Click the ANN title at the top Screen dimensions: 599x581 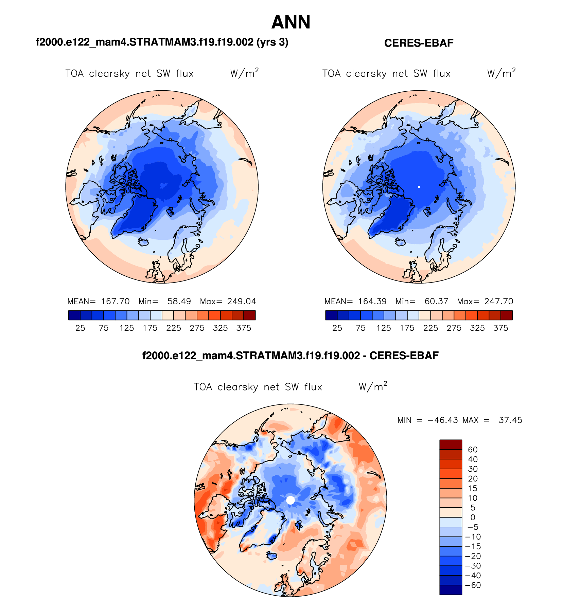click(x=291, y=22)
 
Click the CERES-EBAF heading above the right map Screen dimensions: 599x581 click(x=419, y=43)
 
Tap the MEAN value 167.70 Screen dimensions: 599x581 click(x=115, y=301)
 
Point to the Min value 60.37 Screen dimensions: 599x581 click(x=436, y=301)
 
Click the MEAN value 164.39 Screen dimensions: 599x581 click(x=372, y=301)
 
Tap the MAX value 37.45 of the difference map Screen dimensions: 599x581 click(x=510, y=420)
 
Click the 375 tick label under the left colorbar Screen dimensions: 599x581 click(x=244, y=328)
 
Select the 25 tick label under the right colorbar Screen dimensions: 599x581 click(x=337, y=328)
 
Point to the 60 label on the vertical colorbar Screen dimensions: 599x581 click(x=473, y=450)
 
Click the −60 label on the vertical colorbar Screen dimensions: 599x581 click(x=473, y=585)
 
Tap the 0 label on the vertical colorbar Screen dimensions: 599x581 click(x=473, y=518)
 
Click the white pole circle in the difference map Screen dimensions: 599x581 click(x=290, y=500)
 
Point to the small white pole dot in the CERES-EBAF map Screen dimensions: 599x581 click(x=419, y=187)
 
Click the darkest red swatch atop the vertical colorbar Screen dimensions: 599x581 click(x=451, y=444)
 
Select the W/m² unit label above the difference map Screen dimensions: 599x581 click(x=373, y=387)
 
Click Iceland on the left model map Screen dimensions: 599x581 click(x=143, y=242)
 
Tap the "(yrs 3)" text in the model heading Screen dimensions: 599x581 click(x=272, y=42)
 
